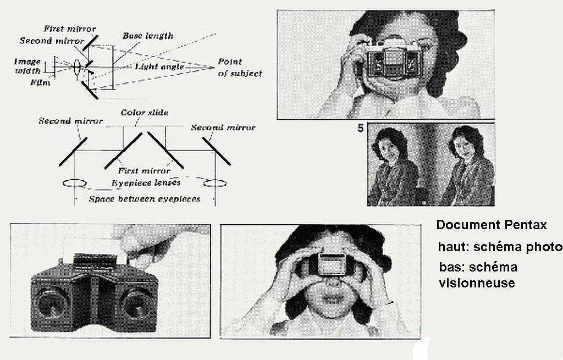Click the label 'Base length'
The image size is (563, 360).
(x=147, y=36)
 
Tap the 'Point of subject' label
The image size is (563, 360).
(x=240, y=68)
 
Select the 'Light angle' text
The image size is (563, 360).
(x=159, y=67)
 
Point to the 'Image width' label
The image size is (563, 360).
(x=27, y=66)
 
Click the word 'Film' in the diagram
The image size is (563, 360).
(x=40, y=83)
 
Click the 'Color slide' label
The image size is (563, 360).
(x=145, y=113)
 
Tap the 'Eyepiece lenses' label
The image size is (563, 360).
(x=146, y=183)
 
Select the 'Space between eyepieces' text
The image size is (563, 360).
(x=145, y=199)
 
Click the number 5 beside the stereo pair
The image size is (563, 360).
(x=361, y=128)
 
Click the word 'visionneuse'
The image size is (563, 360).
(x=477, y=283)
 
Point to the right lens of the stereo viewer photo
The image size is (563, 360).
(x=137, y=303)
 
